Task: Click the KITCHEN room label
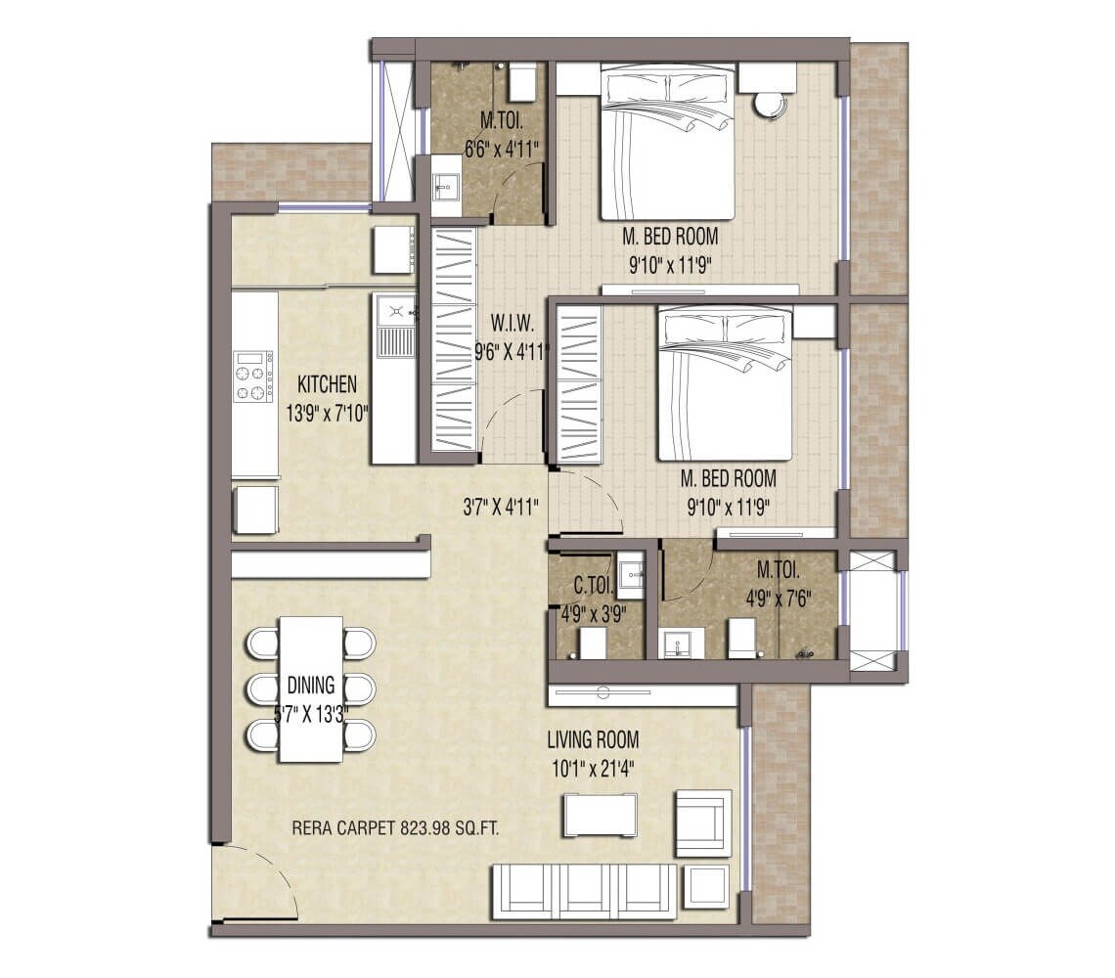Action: (328, 384)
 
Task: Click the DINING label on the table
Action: (310, 685)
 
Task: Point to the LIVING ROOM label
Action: (593, 740)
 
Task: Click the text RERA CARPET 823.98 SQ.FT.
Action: (396, 828)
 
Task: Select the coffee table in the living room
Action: (600, 815)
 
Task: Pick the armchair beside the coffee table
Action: (702, 822)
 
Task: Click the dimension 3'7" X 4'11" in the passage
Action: (502, 508)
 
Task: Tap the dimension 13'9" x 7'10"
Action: (327, 414)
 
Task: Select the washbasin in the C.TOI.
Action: (631, 574)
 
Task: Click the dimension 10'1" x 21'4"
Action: (593, 768)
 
